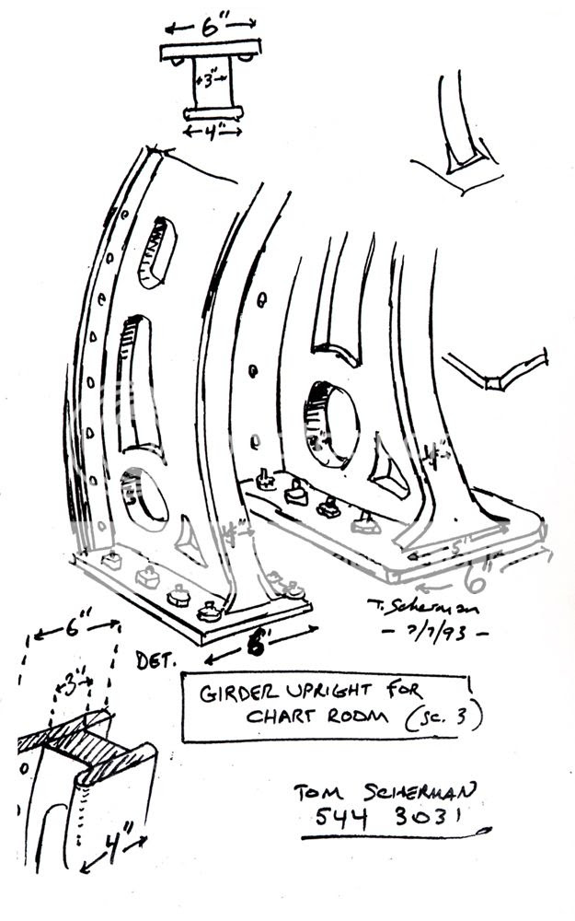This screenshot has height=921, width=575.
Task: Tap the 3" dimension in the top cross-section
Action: point(211,80)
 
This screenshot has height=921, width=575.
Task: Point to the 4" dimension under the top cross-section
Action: point(213,132)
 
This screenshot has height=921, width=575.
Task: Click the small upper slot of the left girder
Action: point(156,253)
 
